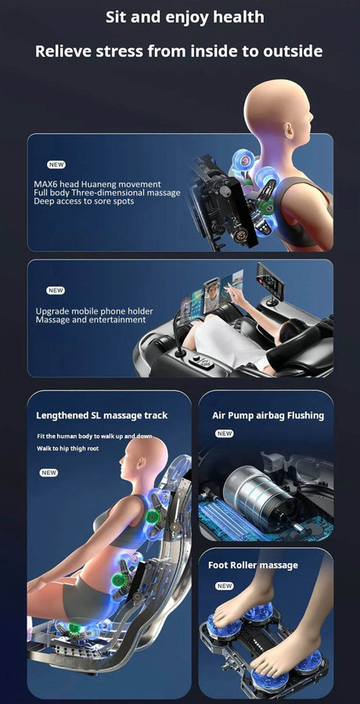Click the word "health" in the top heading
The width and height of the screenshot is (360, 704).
(239, 17)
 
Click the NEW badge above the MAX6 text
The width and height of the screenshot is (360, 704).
(56, 165)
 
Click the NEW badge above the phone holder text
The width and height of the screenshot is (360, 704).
(56, 290)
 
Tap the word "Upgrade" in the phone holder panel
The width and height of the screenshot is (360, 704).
(52, 311)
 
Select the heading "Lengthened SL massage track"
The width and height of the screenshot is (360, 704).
(102, 415)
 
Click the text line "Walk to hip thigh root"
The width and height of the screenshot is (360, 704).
(68, 448)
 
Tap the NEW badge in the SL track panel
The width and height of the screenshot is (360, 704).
(49, 472)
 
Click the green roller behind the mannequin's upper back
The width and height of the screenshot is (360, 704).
(152, 516)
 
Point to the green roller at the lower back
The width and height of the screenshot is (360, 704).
(120, 579)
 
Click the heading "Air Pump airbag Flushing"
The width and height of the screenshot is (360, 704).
(268, 415)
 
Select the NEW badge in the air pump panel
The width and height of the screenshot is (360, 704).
(225, 433)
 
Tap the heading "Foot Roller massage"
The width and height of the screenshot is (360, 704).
(253, 566)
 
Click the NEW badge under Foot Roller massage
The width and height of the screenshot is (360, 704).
(225, 586)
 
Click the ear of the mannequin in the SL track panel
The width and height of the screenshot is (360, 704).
(144, 462)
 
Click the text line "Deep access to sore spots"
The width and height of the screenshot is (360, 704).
(84, 201)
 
